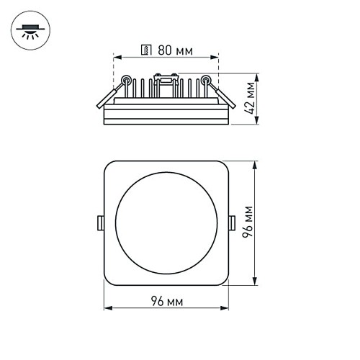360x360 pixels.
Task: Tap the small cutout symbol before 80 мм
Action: coord(145,51)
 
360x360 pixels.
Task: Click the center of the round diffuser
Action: coord(166,222)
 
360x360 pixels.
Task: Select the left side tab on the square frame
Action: coord(102,222)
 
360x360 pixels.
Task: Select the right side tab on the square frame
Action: coord(230,222)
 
